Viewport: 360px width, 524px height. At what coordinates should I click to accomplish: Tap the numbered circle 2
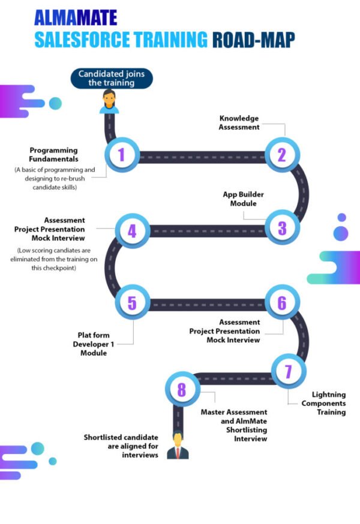(x=281, y=154)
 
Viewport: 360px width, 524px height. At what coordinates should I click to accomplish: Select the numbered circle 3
(x=281, y=227)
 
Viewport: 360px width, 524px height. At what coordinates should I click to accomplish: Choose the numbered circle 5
(x=131, y=302)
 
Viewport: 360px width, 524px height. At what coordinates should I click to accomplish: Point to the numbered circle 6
(x=281, y=303)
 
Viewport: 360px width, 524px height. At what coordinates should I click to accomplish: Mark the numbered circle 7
(x=288, y=371)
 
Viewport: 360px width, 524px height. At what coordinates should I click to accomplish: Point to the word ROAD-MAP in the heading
(x=253, y=40)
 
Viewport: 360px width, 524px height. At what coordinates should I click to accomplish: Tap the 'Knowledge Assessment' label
(x=239, y=122)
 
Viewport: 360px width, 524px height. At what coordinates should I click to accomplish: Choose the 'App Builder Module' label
(x=243, y=199)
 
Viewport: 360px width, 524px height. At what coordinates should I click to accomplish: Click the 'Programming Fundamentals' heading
(x=54, y=155)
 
